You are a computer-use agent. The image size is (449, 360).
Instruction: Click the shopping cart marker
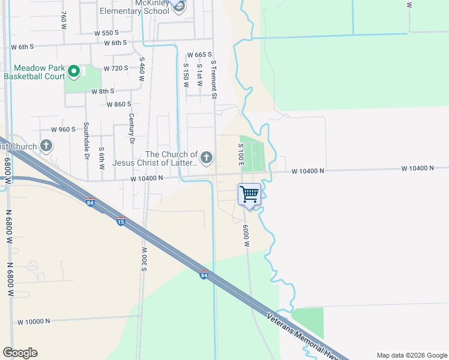(249, 194)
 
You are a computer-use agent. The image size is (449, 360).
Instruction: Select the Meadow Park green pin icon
(74, 72)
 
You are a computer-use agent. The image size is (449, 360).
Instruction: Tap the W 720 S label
(116, 68)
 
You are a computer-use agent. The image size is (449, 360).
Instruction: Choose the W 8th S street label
(103, 91)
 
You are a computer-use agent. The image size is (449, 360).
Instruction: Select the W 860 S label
(118, 104)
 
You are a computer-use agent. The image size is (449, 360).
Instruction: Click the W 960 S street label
(63, 130)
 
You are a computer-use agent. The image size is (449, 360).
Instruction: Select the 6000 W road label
(246, 235)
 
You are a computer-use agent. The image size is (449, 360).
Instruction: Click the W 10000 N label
(34, 322)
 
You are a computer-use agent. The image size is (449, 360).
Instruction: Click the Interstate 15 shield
(121, 221)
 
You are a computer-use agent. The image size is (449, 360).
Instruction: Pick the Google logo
(20, 353)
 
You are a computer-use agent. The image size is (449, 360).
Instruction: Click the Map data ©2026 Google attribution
(411, 355)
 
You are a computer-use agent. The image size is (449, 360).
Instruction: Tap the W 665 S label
(200, 55)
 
